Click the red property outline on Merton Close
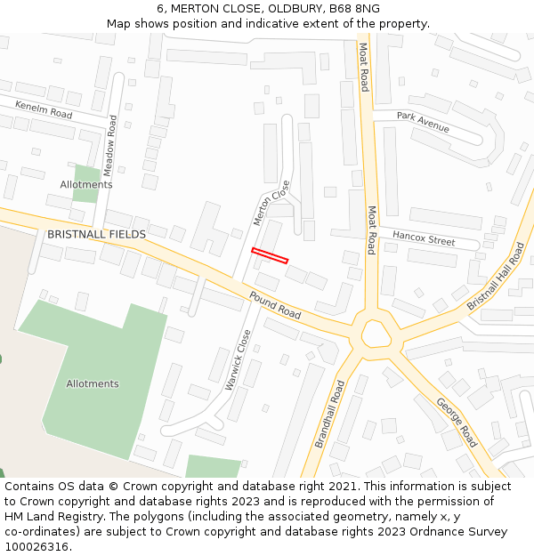(270, 255)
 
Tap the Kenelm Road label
(44, 109)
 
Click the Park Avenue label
(423, 122)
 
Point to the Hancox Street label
(424, 238)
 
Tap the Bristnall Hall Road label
(497, 277)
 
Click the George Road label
(457, 422)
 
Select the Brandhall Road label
(328, 415)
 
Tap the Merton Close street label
(271, 204)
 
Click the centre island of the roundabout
(375, 334)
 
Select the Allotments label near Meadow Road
(86, 184)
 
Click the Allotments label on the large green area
(93, 383)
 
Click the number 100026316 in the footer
(38, 546)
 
